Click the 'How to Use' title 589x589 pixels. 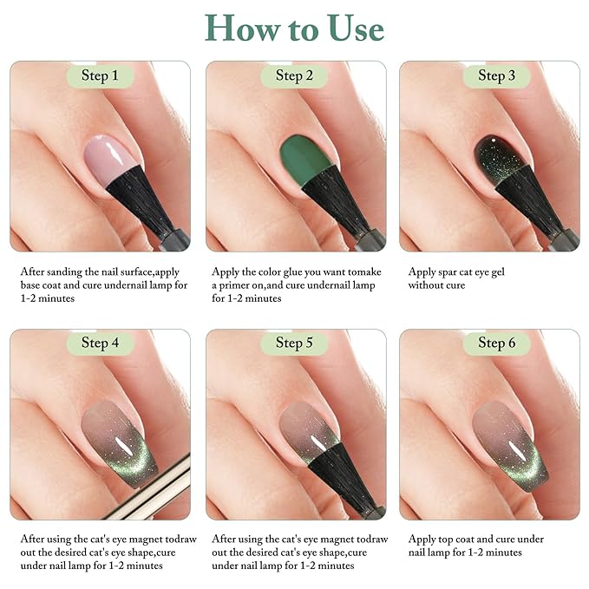(294, 28)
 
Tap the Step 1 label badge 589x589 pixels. (100, 76)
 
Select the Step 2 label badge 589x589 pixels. (294, 76)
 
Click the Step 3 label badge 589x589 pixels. (496, 76)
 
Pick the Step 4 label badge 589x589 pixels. (100, 343)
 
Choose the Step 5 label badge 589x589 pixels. (294, 343)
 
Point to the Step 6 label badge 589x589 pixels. (496, 343)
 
